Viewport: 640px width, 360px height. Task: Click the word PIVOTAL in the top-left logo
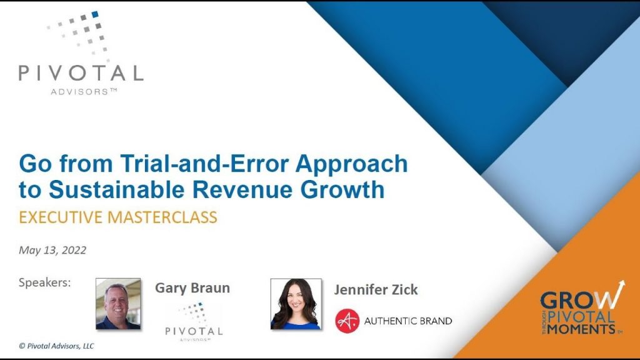coord(81,73)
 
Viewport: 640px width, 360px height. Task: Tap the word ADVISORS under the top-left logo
coord(79,92)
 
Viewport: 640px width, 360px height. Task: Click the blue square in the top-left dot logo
coord(95,14)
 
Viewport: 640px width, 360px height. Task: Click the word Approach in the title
coord(351,164)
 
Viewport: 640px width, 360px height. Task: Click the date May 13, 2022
coord(52,250)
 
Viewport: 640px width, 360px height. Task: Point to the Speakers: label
coord(45,282)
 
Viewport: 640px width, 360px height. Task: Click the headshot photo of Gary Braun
coord(118,304)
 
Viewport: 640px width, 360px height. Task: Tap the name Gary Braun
coord(192,287)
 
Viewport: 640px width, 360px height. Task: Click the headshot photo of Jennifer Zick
coord(296,304)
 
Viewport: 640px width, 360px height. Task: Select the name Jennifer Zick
coord(376,289)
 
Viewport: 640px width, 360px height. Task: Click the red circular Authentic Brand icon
coord(347,321)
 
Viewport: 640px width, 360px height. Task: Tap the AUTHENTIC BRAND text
coord(408,321)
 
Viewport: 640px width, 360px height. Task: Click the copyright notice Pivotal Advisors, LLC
coord(56,346)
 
